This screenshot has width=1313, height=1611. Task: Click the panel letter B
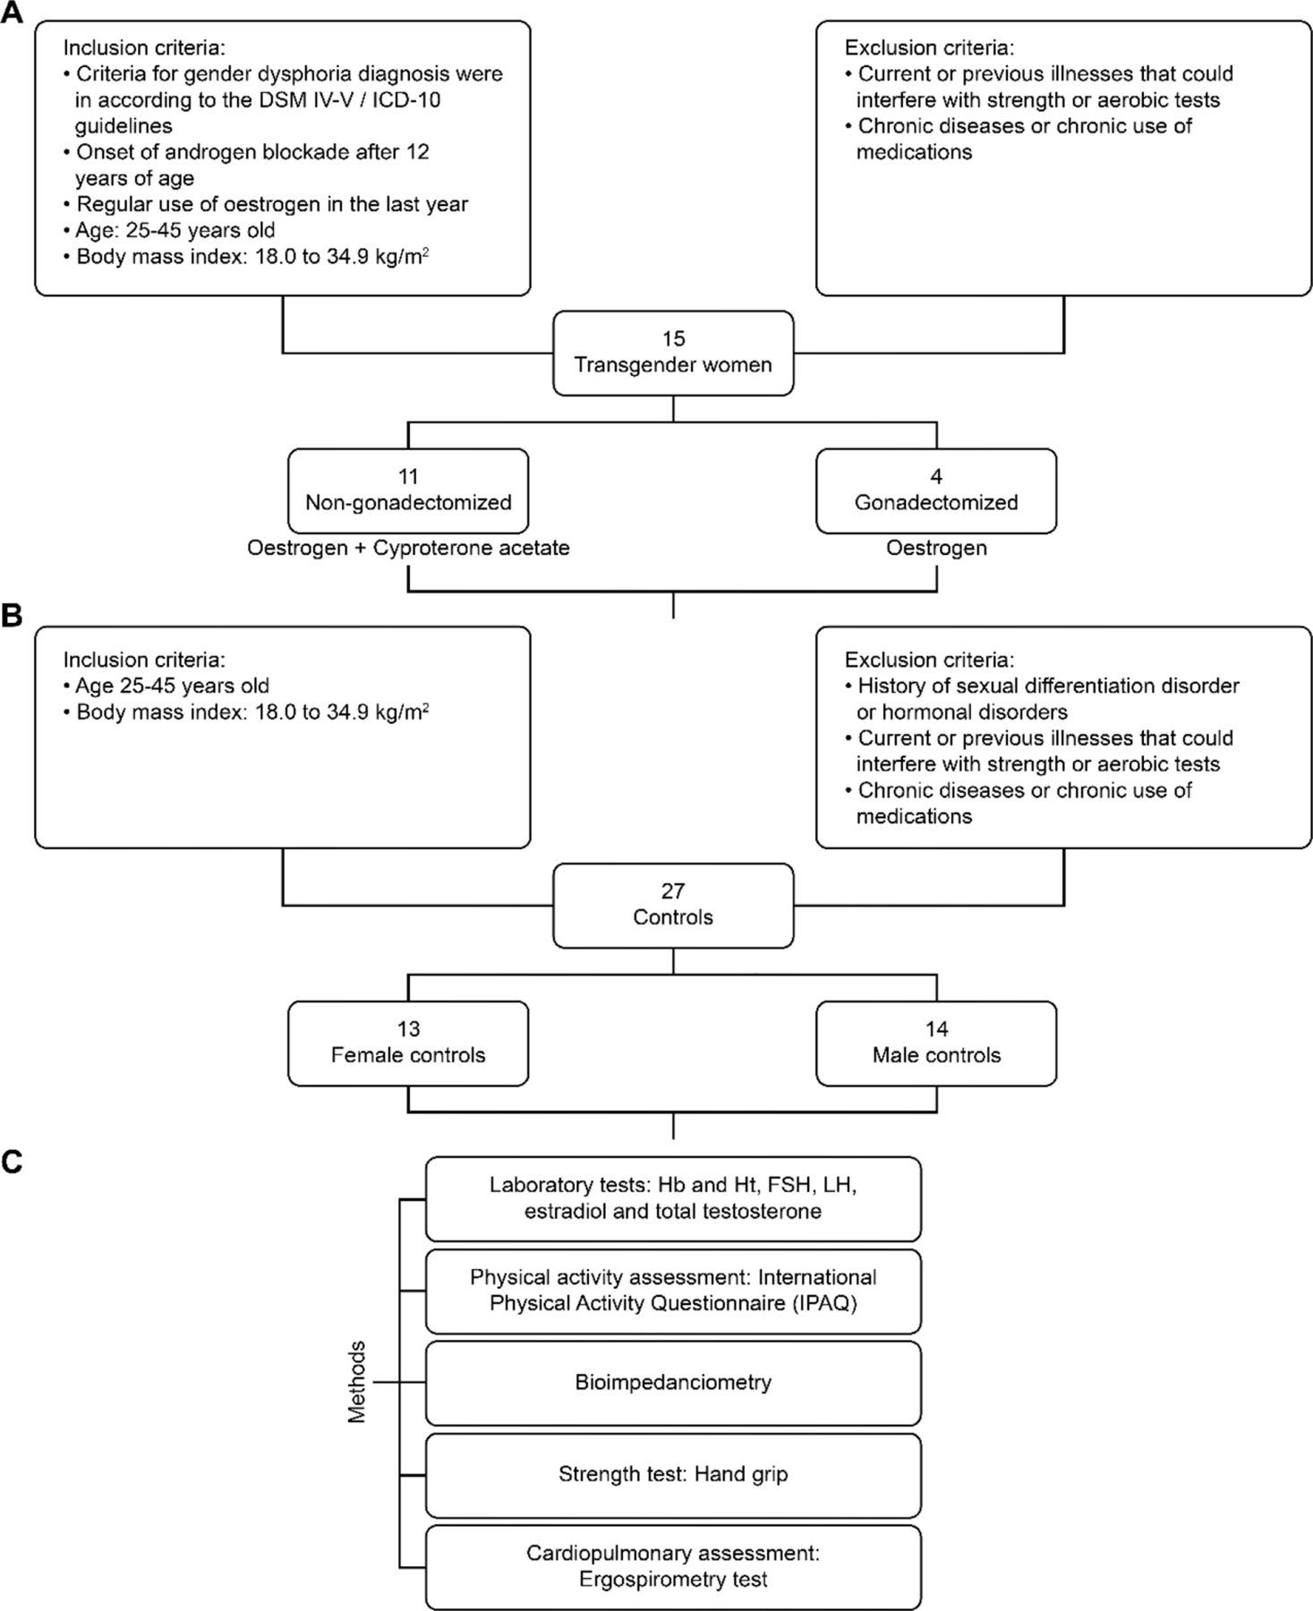tap(12, 618)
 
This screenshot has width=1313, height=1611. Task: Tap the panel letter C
tap(13, 1162)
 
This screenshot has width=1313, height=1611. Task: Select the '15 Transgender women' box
tap(673, 353)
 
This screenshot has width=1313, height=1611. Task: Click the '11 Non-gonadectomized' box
tap(408, 490)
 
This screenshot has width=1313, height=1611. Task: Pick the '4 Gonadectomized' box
tap(936, 490)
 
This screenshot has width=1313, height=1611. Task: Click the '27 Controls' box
tap(673, 905)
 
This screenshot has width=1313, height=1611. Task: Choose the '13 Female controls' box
tap(408, 1043)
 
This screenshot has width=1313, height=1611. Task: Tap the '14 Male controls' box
tap(936, 1043)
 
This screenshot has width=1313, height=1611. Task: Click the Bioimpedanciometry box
tap(673, 1382)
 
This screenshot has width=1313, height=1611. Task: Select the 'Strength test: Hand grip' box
tap(673, 1474)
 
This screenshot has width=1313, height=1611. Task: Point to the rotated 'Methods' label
tap(357, 1382)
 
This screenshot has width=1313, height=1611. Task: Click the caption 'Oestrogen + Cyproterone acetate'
tap(408, 548)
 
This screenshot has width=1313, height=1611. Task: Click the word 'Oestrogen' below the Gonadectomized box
tap(936, 548)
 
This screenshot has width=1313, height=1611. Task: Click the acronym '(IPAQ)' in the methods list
tap(823, 1303)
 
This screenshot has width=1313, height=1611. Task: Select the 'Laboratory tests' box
tap(673, 1198)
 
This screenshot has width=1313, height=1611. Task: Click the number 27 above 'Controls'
tap(673, 891)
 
